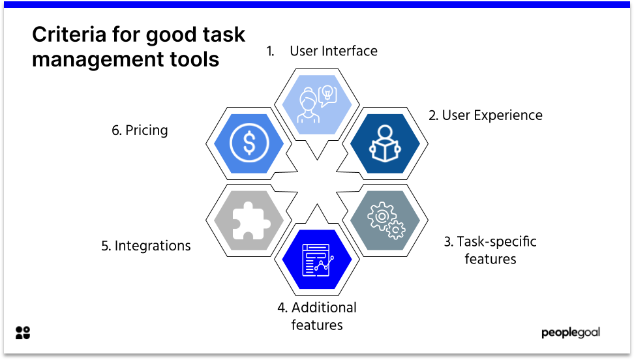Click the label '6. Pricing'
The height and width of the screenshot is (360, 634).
coord(140,130)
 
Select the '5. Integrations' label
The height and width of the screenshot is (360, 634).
coord(146,246)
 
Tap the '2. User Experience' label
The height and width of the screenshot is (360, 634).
coord(485,115)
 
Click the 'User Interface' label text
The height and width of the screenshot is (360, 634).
coord(333,51)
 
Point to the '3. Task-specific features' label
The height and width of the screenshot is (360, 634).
coord(490,250)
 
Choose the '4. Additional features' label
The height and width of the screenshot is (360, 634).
coord(317,316)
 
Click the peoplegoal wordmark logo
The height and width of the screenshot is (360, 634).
coord(570,333)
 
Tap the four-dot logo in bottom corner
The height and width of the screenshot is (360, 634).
coord(23,333)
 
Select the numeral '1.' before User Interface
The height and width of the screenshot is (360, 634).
coord(270,51)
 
